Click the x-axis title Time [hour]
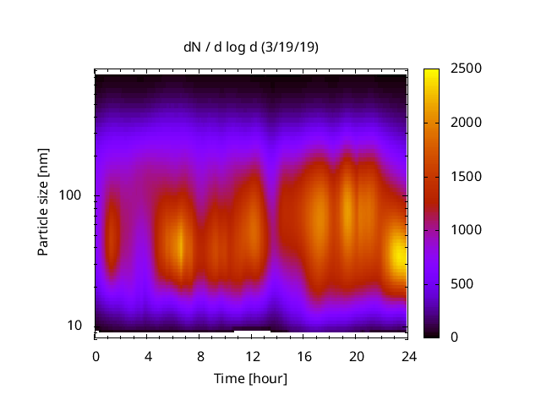click(x=250, y=378)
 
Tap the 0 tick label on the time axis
click(x=96, y=355)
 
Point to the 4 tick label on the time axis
click(x=148, y=355)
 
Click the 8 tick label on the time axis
click(x=200, y=355)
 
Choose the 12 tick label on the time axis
click(x=252, y=355)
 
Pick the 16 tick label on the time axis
click(x=304, y=355)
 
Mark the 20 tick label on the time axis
click(x=357, y=355)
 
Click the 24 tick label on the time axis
click(x=409, y=355)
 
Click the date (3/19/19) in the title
click(x=290, y=47)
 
